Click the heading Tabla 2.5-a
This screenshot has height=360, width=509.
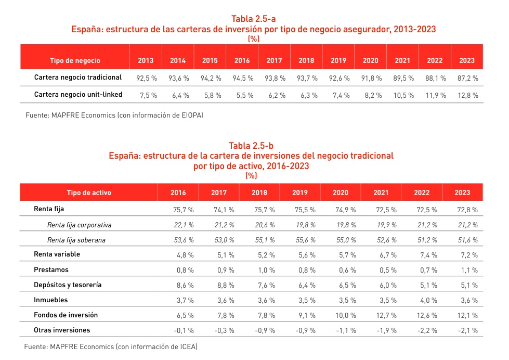(x=253, y=20)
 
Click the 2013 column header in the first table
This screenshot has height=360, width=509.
(x=146, y=60)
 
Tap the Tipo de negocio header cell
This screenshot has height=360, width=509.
(x=75, y=60)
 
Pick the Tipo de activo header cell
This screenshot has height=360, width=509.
(x=88, y=192)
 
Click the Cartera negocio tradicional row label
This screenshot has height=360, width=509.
(x=78, y=78)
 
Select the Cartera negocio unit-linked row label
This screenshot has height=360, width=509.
(x=78, y=95)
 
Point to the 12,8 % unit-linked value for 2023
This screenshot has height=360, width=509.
(x=467, y=95)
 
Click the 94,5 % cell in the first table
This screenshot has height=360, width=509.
(x=242, y=78)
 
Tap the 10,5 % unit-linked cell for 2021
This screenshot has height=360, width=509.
(x=402, y=95)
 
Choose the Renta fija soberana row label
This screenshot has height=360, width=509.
(x=79, y=240)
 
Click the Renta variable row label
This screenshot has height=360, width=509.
(x=57, y=254)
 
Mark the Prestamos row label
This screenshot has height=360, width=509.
(x=51, y=270)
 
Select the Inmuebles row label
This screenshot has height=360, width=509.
(x=50, y=300)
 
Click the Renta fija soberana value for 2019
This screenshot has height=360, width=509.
(x=300, y=240)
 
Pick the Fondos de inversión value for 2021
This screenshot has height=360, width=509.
(x=381, y=315)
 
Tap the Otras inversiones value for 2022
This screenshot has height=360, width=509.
(x=422, y=330)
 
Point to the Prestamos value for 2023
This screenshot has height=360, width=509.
(x=462, y=270)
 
